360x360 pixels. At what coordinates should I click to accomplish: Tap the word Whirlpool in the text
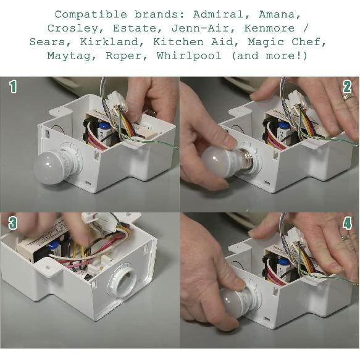[189, 56]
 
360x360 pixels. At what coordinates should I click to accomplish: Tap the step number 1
[13, 86]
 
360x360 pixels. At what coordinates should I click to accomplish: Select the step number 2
[347, 87]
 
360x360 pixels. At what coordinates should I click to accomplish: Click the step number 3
[13, 223]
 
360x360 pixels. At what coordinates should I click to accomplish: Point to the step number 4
[347, 223]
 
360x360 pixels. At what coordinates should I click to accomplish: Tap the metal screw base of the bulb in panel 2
[246, 159]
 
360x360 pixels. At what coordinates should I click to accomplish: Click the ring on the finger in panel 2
[348, 96]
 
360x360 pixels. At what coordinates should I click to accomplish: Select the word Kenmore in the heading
[269, 28]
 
